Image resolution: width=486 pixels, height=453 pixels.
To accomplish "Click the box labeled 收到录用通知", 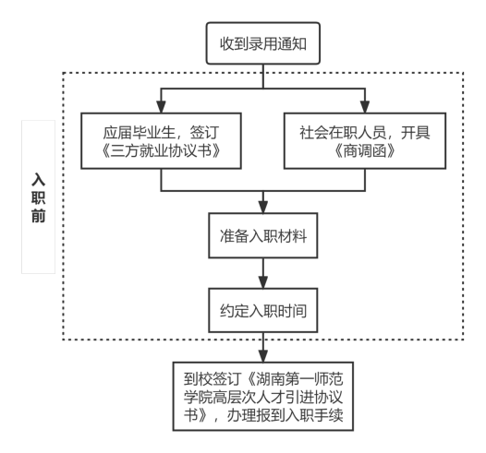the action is pyautogui.click(x=263, y=43).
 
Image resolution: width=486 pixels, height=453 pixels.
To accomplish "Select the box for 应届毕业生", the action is pyautogui.click(x=161, y=141).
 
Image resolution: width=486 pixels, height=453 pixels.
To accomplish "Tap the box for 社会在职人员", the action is pyautogui.click(x=365, y=141).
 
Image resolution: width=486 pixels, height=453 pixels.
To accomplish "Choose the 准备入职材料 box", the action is pyautogui.click(x=263, y=235).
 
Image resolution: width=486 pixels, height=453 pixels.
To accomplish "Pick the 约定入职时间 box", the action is pyautogui.click(x=263, y=310).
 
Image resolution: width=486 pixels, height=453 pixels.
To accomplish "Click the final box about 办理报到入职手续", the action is pyautogui.click(x=263, y=397).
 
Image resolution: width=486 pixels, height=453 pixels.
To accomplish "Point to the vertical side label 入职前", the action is pyautogui.click(x=39, y=197).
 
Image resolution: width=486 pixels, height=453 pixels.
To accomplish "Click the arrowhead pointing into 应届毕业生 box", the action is pyautogui.click(x=161, y=107).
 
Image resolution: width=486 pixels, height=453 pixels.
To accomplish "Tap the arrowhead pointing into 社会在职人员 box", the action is pyautogui.click(x=365, y=107).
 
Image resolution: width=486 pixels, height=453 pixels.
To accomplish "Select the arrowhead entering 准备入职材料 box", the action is pyautogui.click(x=263, y=207).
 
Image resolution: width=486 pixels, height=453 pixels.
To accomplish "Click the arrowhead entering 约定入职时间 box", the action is pyautogui.click(x=263, y=282).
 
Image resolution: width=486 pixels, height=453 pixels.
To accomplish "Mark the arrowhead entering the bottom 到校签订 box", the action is pyautogui.click(x=263, y=356).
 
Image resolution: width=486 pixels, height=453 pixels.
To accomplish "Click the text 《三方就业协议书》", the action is pyautogui.click(x=161, y=151).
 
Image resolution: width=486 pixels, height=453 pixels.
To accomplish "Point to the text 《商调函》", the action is pyautogui.click(x=365, y=151).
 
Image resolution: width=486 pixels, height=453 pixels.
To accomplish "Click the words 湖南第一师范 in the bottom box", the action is pyautogui.click(x=299, y=379).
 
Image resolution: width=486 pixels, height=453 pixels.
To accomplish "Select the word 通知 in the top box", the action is pyautogui.click(x=292, y=43).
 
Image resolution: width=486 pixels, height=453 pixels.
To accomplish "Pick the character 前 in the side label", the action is pyautogui.click(x=39, y=216).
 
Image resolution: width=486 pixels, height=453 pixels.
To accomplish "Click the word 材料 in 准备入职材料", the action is pyautogui.click(x=292, y=236).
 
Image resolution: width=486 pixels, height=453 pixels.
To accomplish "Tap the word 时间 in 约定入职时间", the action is pyautogui.click(x=292, y=311).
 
